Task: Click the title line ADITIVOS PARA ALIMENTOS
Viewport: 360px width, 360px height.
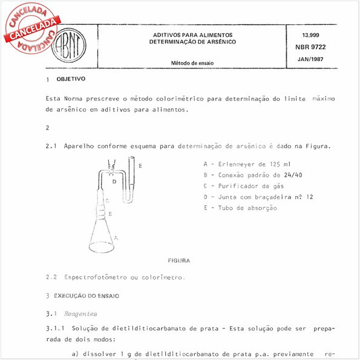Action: click(x=193, y=34)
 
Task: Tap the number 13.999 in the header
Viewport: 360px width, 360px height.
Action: click(x=310, y=35)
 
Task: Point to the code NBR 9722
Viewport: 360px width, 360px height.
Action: click(x=310, y=47)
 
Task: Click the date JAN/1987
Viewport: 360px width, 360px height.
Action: click(x=310, y=59)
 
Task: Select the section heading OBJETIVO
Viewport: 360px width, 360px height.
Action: click(x=71, y=79)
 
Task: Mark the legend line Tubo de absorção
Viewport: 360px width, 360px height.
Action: click(x=240, y=208)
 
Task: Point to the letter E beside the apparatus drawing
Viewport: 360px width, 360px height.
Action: click(x=140, y=165)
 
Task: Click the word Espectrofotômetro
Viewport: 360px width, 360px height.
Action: click(x=96, y=277)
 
